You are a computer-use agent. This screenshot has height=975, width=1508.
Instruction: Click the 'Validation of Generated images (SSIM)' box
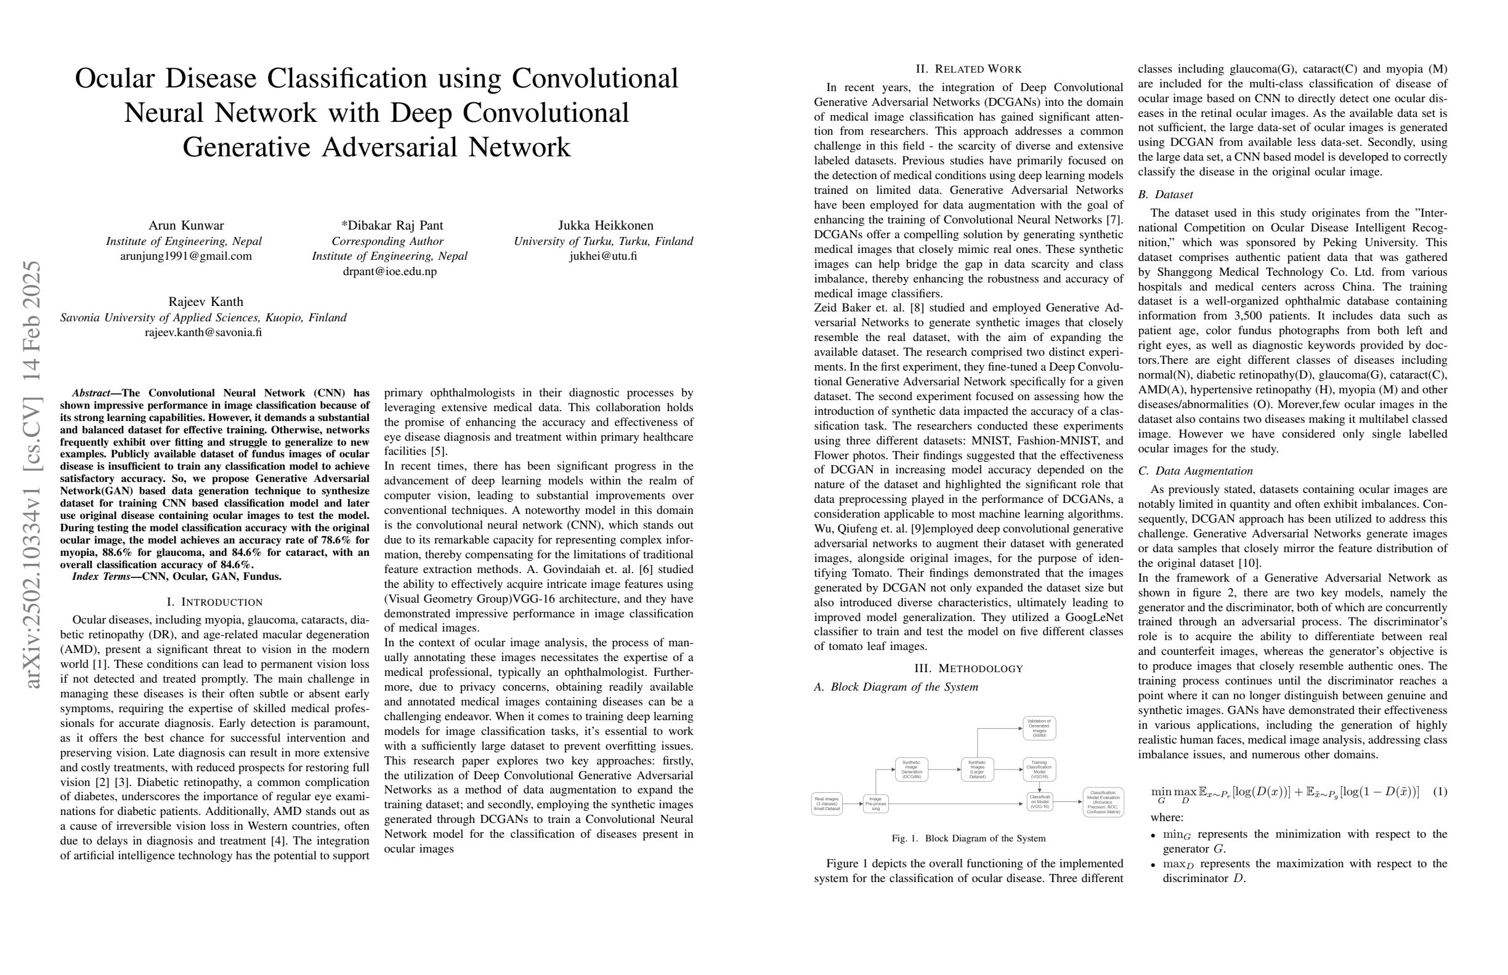[1039, 728]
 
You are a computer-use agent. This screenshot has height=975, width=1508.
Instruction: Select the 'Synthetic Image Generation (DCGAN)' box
[911, 770]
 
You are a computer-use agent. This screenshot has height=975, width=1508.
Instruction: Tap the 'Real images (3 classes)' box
[826, 804]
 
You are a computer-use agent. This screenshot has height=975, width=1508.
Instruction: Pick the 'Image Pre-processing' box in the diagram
[875, 804]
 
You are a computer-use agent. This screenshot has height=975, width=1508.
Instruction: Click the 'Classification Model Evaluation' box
[1103, 802]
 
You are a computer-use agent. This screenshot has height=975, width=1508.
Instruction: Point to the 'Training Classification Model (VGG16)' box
[1039, 769]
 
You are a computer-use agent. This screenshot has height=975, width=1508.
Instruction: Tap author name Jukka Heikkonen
[605, 225]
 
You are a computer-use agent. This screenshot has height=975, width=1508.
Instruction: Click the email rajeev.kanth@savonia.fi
[203, 332]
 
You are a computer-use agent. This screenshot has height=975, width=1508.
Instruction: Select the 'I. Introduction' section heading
[214, 601]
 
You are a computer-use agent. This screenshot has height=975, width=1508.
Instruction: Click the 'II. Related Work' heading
[968, 69]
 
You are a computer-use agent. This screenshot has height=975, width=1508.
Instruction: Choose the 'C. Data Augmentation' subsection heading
[1195, 471]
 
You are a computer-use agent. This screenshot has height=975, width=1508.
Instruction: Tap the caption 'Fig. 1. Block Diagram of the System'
[968, 838]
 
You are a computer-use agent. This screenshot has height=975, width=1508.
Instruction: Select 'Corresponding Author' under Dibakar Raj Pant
[387, 241]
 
